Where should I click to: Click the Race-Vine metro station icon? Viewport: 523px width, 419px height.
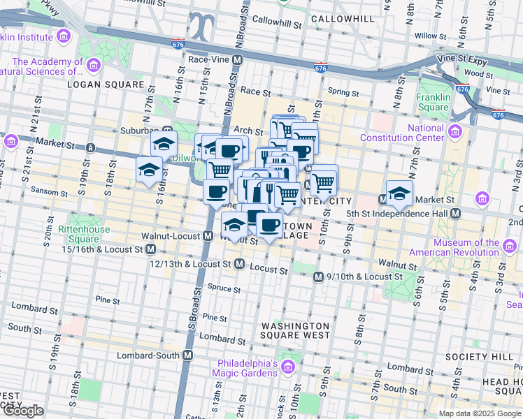click(x=238, y=60)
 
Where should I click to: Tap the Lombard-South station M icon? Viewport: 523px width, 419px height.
click(x=187, y=355)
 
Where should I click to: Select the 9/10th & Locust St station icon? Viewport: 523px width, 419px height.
click(x=318, y=277)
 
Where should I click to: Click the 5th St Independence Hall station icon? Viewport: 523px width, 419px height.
click(x=455, y=213)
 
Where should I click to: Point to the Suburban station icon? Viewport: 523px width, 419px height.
click(x=168, y=130)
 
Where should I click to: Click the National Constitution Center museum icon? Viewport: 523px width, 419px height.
click(x=455, y=132)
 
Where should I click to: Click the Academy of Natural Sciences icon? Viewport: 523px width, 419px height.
click(x=93, y=66)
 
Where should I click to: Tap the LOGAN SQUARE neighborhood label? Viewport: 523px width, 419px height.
click(x=105, y=84)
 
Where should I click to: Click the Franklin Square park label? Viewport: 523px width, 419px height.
click(x=433, y=102)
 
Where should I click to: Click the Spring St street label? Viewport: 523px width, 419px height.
click(x=343, y=91)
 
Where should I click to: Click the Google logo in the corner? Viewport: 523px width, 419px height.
click(x=24, y=411)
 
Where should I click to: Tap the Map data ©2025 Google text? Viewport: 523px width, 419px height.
click(x=480, y=413)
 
